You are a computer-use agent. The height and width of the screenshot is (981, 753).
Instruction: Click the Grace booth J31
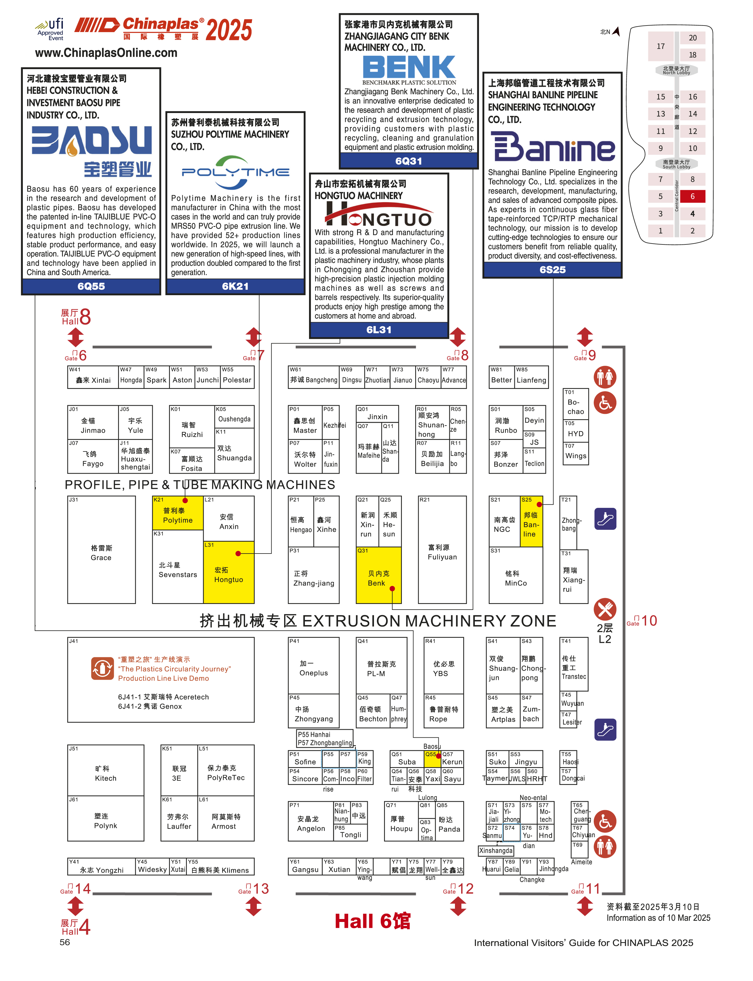click(101, 552)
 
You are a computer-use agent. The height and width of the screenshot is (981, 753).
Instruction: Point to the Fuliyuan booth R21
click(442, 552)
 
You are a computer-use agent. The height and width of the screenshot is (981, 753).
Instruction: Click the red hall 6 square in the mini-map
click(692, 196)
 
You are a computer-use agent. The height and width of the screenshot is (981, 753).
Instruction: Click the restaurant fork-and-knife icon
click(605, 609)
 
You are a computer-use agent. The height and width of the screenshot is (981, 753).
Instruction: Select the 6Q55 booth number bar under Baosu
click(91, 286)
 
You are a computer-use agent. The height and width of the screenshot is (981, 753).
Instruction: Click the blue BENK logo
click(408, 67)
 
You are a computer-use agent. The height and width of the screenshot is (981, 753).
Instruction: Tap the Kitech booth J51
click(106, 773)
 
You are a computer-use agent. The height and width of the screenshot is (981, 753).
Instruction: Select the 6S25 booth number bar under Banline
click(552, 269)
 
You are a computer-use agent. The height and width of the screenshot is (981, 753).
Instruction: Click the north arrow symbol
click(616, 31)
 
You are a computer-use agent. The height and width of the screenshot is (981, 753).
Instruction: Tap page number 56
click(65, 942)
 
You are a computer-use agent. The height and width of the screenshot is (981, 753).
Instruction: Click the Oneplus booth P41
click(314, 668)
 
